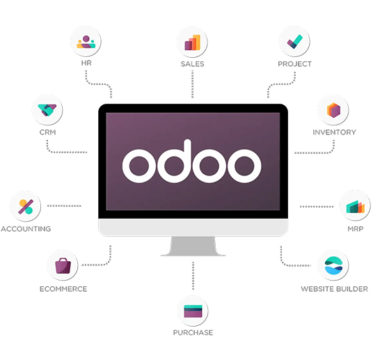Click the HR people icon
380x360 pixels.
point(86,42)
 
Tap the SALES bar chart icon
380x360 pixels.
point(192,42)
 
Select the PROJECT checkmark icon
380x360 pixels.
point(294,42)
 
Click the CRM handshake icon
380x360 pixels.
point(47,110)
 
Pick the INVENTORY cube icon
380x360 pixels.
point(333,110)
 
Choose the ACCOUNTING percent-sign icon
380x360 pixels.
point(26,207)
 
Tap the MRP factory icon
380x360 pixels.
point(355,207)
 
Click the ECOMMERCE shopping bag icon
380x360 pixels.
point(63,266)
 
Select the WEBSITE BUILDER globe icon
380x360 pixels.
point(333,265)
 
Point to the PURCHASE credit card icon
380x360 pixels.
point(193,311)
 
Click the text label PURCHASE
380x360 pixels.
point(193,332)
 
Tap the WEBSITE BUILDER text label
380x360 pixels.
point(334,289)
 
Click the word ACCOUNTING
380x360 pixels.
point(26,229)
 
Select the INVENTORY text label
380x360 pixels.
point(334,132)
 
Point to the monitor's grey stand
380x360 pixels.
point(193,246)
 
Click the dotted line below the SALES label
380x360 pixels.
point(192,84)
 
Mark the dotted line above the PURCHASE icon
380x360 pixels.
point(193,276)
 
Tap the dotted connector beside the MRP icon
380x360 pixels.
point(317,207)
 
